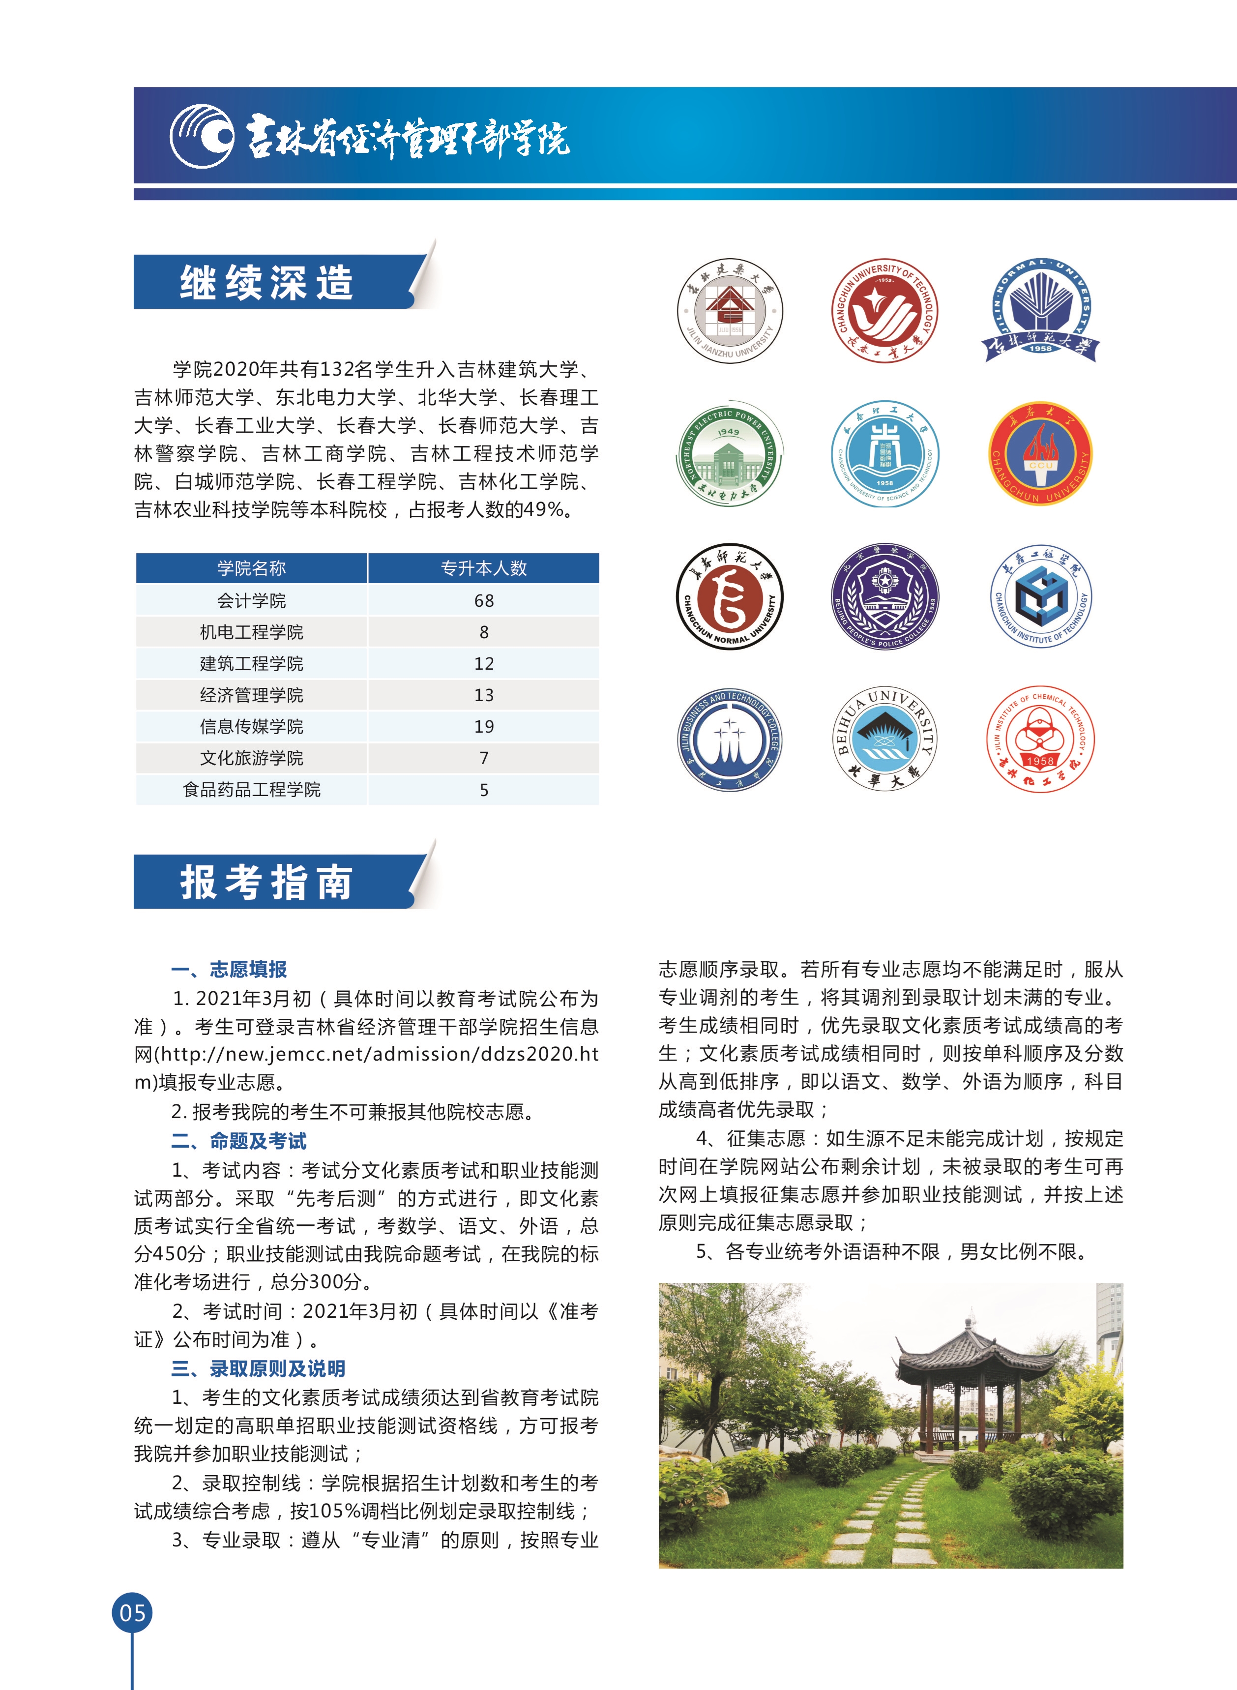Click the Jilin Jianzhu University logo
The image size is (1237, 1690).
point(730,311)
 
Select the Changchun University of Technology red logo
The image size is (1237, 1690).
point(885,311)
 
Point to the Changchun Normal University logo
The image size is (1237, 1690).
point(730,596)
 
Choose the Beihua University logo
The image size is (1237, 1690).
point(885,738)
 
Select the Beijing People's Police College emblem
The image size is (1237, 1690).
point(885,596)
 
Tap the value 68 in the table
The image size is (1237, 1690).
point(484,600)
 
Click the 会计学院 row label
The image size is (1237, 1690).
point(252,600)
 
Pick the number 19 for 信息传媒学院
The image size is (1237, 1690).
point(484,726)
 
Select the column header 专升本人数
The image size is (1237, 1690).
point(484,568)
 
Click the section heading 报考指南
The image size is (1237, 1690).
point(266,882)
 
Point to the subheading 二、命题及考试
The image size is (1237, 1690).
point(239,1141)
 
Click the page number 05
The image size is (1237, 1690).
point(133,1613)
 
